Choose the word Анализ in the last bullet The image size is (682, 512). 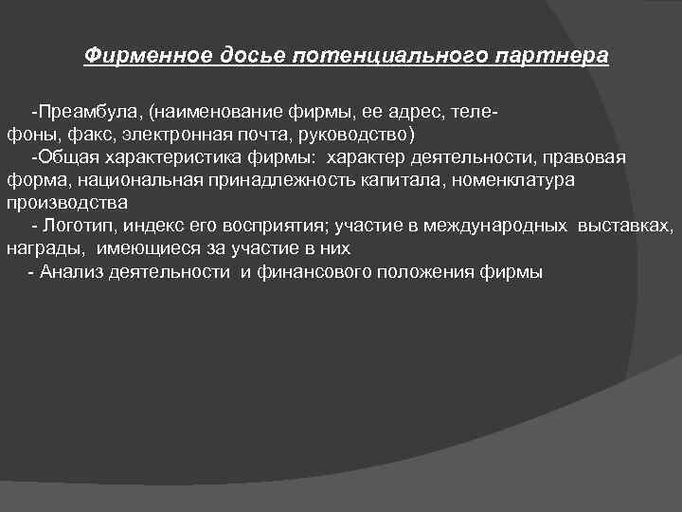[71, 272]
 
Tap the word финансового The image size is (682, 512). [315, 272]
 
